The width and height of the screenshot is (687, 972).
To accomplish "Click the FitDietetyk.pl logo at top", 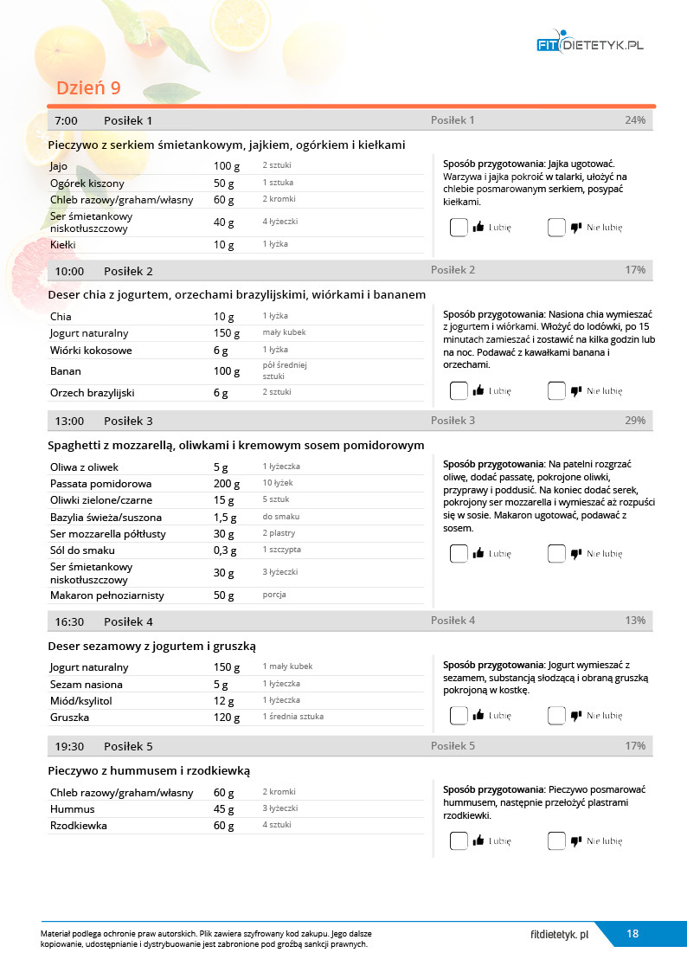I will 589,44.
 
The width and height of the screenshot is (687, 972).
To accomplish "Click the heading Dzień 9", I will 88,88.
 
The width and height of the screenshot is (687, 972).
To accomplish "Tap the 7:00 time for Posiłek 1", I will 67,120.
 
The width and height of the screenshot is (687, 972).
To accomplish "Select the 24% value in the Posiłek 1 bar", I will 634,120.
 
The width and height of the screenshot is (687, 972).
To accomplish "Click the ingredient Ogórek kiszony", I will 87,183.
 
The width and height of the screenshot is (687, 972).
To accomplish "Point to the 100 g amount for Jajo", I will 225,165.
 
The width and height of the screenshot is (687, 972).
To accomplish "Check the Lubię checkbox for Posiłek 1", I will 459,228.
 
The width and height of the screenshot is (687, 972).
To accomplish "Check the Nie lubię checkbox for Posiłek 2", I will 556,390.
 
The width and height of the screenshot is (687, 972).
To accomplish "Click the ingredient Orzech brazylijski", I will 92,393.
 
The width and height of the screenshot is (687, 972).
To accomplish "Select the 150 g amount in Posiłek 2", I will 226,333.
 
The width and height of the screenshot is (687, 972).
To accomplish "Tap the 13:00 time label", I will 69,421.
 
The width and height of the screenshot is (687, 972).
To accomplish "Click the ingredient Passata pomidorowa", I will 100,484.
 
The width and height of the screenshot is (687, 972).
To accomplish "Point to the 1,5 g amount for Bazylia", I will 225,518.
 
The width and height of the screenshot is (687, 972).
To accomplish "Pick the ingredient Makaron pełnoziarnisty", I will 106,595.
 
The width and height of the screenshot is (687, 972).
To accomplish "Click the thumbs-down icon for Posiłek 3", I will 576,554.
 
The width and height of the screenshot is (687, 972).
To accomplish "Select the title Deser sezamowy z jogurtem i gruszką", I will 151,647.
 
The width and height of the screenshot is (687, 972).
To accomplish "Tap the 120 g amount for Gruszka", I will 227,718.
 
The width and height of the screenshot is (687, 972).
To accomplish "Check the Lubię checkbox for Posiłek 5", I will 459,840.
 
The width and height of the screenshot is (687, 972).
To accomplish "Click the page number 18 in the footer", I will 632,933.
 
